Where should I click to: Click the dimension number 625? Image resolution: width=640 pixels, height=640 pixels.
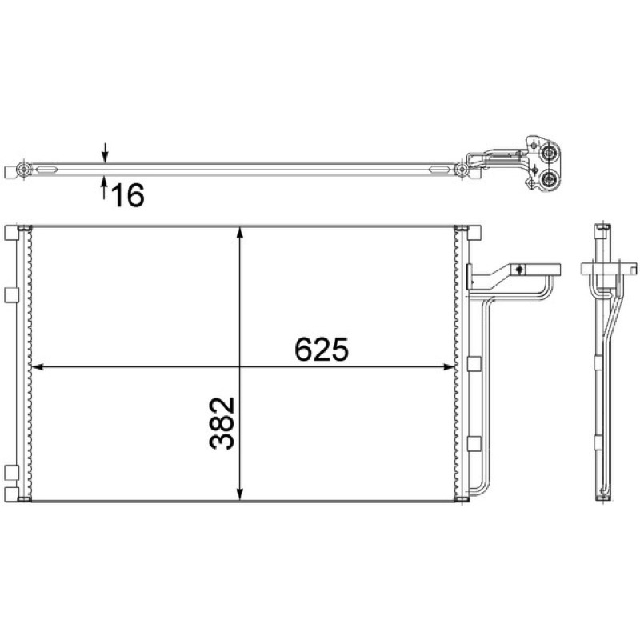[x=322, y=349]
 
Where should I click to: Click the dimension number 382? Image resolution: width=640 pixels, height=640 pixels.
[x=222, y=423]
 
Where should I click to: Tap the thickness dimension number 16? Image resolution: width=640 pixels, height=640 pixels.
[x=128, y=195]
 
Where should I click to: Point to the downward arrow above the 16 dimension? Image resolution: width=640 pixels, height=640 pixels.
[x=106, y=153]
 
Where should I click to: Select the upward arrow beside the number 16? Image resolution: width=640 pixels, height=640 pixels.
[x=105, y=187]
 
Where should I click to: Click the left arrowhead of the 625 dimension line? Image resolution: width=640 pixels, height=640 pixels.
[x=38, y=367]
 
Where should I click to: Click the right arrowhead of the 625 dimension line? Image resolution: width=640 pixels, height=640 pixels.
[x=449, y=367]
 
